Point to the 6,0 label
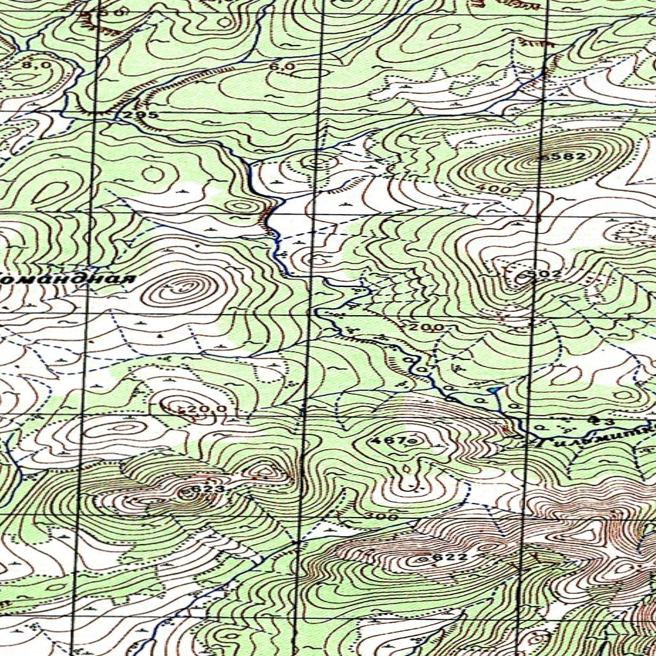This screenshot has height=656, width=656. [282, 67]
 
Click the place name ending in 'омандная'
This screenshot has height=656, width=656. [67, 280]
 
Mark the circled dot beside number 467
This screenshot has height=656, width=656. [412, 441]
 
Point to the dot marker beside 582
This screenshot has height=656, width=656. [542, 156]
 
